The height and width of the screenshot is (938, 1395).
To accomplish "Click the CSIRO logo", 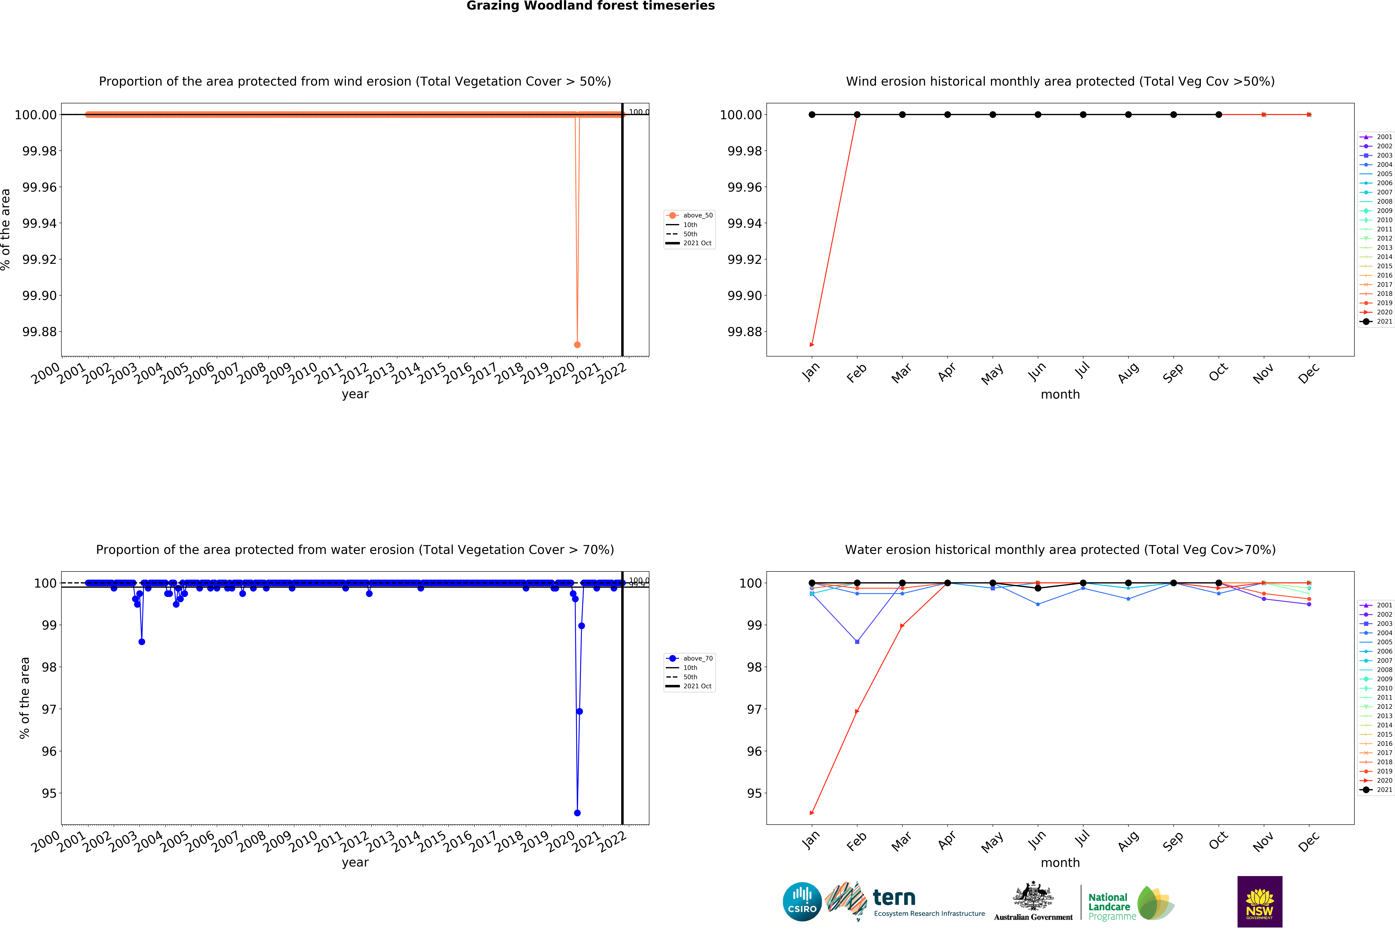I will pyautogui.click(x=802, y=901).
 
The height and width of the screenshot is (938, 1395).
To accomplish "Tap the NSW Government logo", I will pyautogui.click(x=1259, y=901).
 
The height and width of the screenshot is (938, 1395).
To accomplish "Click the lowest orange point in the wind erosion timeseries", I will pyautogui.click(x=577, y=345).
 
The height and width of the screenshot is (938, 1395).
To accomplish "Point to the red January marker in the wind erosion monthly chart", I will pyautogui.click(x=811, y=345).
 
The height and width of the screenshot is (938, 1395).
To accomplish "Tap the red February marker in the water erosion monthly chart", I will pyautogui.click(x=857, y=711).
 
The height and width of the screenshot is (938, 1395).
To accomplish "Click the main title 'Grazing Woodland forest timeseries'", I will pyautogui.click(x=590, y=6).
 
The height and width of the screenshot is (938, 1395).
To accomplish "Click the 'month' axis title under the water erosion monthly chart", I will pyautogui.click(x=1060, y=863).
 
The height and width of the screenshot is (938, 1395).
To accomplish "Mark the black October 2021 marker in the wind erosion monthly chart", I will pyautogui.click(x=1219, y=114).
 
